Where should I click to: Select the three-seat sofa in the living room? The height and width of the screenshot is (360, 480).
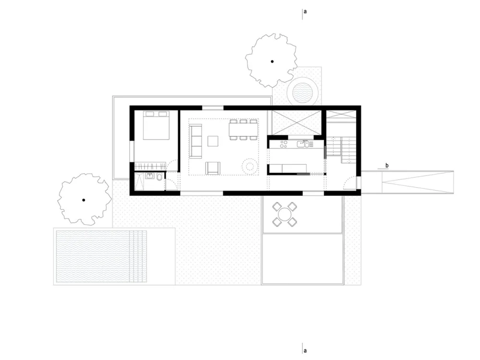click(195, 140)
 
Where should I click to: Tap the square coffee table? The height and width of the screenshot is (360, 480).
click(213, 141)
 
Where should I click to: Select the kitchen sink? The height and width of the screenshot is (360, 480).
click(303, 143)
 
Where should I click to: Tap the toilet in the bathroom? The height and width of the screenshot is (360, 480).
click(160, 183)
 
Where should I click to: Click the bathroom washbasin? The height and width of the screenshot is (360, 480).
click(150, 176)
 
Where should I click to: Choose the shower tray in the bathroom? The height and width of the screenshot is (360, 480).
click(140, 182)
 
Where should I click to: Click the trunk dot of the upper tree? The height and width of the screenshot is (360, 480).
click(272, 61)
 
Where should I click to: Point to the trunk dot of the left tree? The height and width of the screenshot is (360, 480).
click(84, 200)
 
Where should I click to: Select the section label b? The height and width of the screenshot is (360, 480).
click(387, 166)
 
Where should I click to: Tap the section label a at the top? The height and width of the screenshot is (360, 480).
click(305, 11)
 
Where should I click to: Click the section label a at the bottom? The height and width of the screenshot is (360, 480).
click(305, 350)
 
